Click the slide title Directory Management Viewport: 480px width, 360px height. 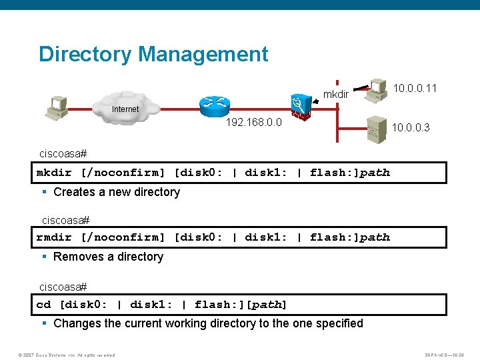point(153,54)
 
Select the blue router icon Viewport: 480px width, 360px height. point(214,103)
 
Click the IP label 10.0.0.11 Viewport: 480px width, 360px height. point(415,87)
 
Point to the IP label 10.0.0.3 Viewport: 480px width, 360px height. point(411,127)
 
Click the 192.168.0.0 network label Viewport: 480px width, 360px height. point(254,123)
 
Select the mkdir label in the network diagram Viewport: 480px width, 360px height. point(336,95)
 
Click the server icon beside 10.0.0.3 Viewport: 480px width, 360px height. point(375,130)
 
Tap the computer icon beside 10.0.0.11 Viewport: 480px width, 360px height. point(379,89)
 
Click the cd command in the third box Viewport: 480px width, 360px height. point(43,305)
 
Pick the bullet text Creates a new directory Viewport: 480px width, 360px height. point(117,192)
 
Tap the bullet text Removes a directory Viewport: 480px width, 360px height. point(108,257)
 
